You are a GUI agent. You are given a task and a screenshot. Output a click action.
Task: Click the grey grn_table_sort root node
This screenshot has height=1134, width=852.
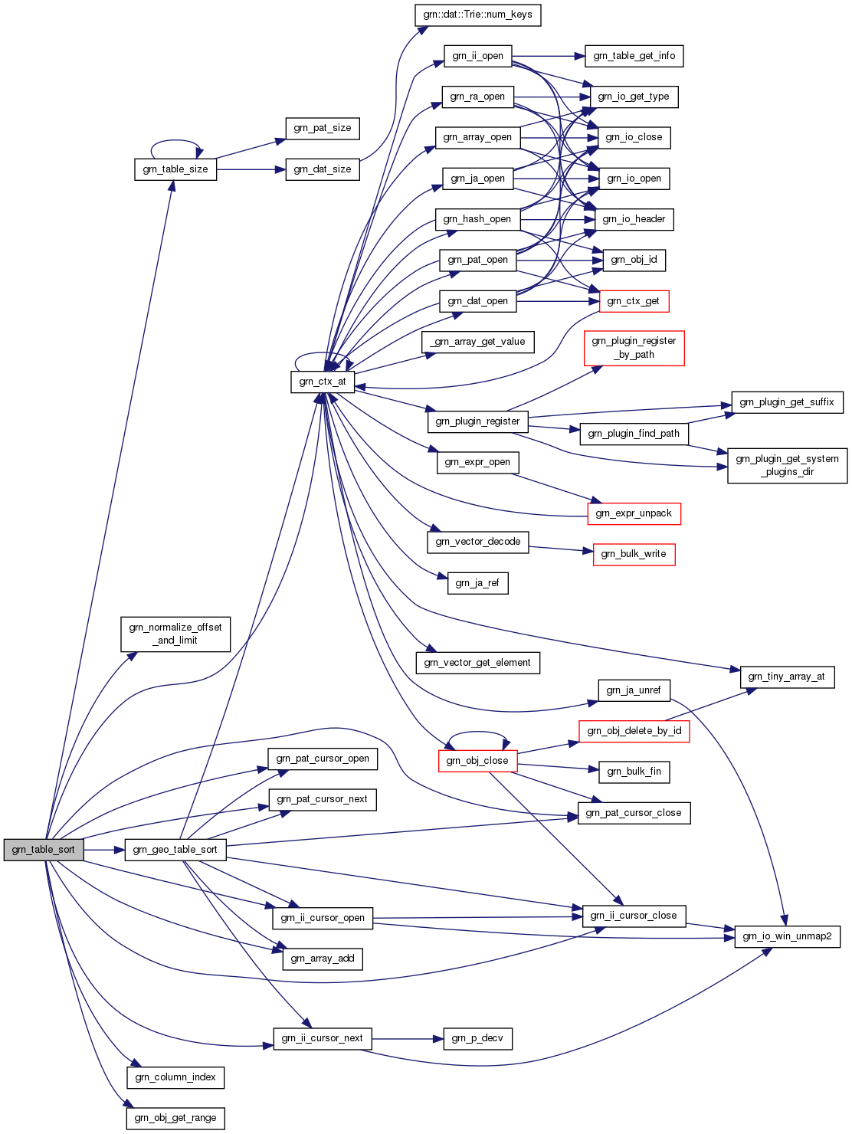44,850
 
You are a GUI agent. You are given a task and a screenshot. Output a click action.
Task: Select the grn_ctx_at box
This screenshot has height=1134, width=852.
322,382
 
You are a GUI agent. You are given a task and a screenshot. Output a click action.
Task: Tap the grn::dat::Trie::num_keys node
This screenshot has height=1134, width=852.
477,15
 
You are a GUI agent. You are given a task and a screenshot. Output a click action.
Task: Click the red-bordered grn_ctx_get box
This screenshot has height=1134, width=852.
633,301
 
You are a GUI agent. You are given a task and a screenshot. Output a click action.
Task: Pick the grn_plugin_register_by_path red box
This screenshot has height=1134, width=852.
634,348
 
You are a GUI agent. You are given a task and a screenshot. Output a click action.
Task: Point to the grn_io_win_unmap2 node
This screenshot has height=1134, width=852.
787,936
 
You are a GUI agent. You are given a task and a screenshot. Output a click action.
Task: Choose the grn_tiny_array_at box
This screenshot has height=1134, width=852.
786,677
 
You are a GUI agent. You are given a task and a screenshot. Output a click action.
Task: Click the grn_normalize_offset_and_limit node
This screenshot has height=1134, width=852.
175,634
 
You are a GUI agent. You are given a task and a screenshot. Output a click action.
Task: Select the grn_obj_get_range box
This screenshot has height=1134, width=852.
175,1118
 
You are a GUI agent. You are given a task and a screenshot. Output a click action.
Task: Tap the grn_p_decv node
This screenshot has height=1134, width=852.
477,1039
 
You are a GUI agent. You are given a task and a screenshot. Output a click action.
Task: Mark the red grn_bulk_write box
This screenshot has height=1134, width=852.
634,554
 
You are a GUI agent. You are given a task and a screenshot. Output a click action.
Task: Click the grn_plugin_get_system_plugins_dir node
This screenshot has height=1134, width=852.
787,465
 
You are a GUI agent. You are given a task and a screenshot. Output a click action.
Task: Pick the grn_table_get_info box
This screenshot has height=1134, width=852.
634,56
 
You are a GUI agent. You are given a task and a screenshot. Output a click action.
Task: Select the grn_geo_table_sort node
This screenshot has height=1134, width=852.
175,850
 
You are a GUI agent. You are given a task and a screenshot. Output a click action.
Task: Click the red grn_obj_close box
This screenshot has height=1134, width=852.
477,761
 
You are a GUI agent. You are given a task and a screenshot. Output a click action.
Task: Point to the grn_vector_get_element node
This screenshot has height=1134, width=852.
477,663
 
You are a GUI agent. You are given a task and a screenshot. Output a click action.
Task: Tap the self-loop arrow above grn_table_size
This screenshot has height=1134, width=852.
176,141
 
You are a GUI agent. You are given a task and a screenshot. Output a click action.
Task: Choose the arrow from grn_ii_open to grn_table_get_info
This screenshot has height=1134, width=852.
548,56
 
